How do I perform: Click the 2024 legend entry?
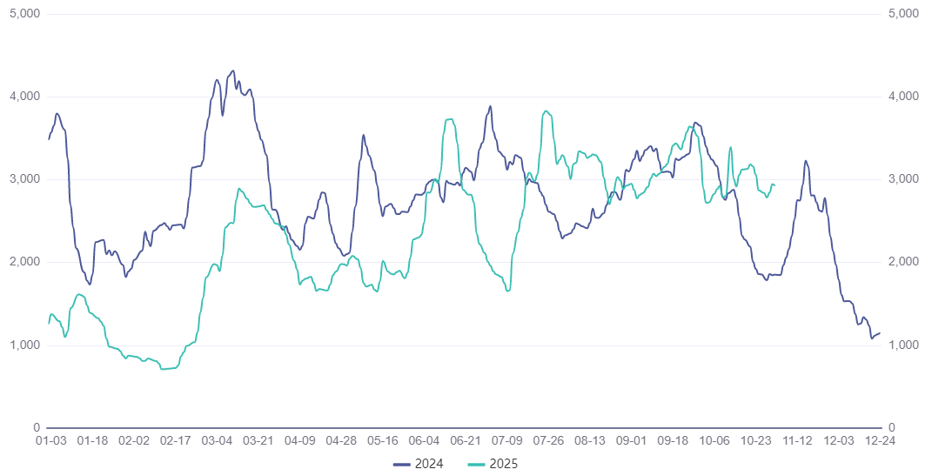click(x=419, y=464)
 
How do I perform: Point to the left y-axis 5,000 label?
click(x=25, y=14)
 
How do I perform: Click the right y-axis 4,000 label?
click(x=905, y=97)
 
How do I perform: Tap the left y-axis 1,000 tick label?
click(x=25, y=345)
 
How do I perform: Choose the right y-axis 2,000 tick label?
click(x=905, y=263)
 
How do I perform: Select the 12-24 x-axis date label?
click(x=881, y=441)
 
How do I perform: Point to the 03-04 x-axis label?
click(x=218, y=441)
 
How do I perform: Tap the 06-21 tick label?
click(x=466, y=441)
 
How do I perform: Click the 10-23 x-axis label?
click(x=757, y=441)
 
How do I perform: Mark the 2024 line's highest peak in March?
click(x=232, y=71)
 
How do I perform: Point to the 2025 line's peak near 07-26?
click(x=546, y=111)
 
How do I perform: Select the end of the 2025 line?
click(x=774, y=184)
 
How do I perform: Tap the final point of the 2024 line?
click(x=880, y=333)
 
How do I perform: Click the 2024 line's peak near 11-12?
click(x=806, y=161)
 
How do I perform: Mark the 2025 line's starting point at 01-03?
click(x=49, y=323)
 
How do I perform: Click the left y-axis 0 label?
click(x=37, y=428)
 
